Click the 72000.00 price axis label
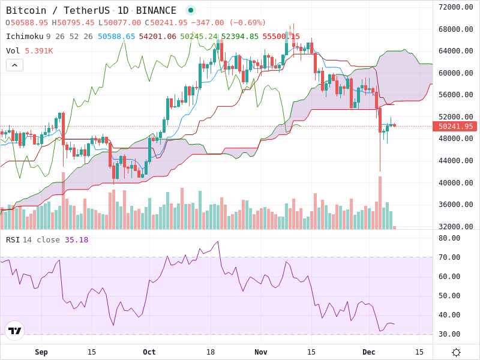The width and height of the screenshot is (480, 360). point(455,7)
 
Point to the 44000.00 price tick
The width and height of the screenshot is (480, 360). point(455,161)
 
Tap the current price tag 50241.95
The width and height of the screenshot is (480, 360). point(455,126)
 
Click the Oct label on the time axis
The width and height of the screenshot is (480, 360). point(149,352)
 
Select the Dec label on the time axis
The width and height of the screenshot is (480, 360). point(368,352)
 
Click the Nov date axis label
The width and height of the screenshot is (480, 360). point(260,352)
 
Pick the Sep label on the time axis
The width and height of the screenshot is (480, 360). point(41,352)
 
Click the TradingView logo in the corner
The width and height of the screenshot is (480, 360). point(14,331)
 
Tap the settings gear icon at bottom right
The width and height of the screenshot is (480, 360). point(456,352)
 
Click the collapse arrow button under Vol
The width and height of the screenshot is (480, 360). point(14,65)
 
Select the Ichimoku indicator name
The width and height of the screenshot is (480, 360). point(25,37)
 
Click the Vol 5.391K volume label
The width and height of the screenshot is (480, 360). point(29,51)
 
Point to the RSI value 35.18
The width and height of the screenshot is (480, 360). point(76,240)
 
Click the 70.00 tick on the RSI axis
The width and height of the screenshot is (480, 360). point(449,257)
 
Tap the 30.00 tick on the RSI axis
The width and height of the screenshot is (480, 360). point(449,334)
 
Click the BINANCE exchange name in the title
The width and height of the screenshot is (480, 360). point(156,11)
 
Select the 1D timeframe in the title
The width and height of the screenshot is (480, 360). point(122,11)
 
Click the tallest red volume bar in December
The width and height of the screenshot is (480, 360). point(380,202)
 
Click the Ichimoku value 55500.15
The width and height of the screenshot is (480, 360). point(281,37)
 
